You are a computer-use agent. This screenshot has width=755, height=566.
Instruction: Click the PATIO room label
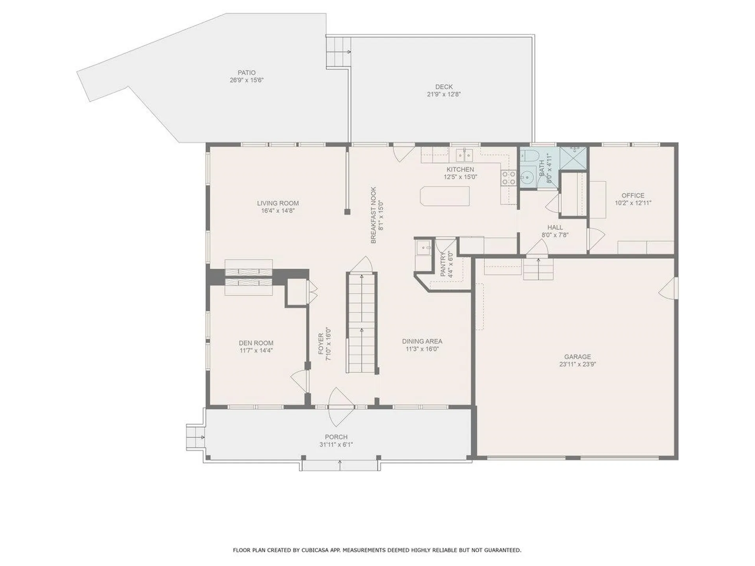pos(247,73)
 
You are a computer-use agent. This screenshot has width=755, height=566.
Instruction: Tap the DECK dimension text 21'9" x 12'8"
pos(444,94)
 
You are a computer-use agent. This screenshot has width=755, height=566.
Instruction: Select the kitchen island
pos(445,196)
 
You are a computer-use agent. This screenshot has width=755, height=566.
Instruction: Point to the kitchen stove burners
pos(508,178)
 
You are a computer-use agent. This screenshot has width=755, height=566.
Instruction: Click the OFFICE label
pos(633,195)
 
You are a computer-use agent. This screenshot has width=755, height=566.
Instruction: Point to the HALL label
pos(555,228)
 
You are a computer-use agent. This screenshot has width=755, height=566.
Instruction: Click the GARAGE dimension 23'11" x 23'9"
pos(578,364)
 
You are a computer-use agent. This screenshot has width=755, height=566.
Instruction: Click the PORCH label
pos(336,437)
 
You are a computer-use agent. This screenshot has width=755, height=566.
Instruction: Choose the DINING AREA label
pos(422,342)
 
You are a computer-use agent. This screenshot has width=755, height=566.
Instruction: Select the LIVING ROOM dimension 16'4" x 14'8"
pos(278,211)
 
